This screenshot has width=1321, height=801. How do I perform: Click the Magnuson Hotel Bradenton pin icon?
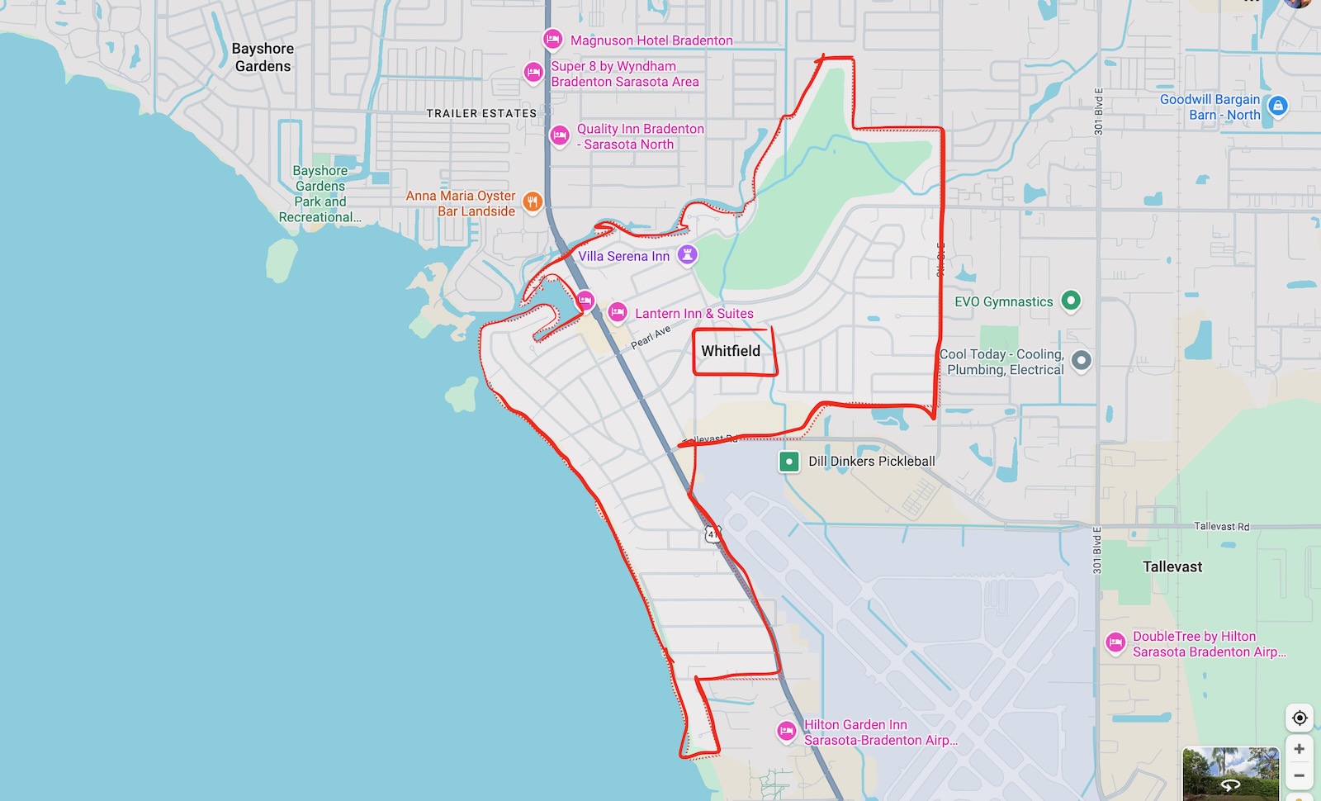click(552, 39)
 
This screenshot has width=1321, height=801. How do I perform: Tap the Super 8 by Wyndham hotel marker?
click(533, 73)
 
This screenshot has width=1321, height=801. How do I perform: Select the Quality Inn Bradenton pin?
click(560, 135)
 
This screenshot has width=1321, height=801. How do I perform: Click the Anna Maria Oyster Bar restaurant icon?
click(533, 201)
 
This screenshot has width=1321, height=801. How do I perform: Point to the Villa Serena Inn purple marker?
click(687, 255)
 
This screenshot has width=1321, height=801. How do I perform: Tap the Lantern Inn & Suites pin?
click(617, 312)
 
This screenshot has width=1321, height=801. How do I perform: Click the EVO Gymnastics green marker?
click(1071, 301)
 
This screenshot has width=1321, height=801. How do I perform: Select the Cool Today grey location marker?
click(1081, 360)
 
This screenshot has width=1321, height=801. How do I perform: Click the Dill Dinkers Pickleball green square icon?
click(788, 461)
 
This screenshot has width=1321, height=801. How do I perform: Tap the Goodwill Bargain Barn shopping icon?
click(1278, 106)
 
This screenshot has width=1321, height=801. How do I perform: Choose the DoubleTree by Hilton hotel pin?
click(1115, 642)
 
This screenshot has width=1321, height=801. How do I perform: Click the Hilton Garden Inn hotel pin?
click(787, 731)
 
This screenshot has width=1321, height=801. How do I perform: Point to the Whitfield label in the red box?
click(731, 351)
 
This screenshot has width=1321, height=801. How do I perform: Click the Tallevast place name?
click(1172, 566)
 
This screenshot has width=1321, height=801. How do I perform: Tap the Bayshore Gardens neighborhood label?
click(263, 57)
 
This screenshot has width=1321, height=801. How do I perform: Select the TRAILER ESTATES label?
click(481, 113)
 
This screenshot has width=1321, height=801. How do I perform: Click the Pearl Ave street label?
click(651, 337)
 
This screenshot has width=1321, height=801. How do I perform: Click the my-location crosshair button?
click(1299, 718)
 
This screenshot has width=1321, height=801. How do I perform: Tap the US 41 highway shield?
click(713, 534)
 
